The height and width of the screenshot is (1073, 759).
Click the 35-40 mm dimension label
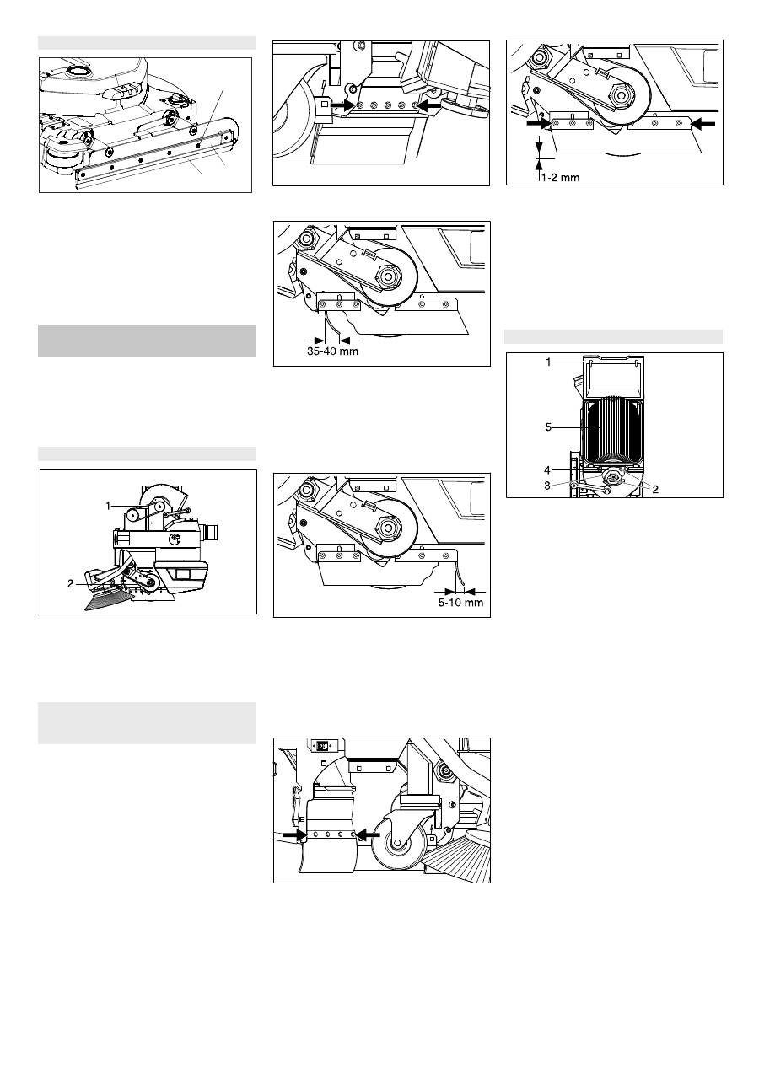click(332, 351)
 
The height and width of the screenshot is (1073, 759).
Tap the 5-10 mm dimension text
click(460, 602)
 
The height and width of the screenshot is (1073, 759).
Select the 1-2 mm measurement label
click(560, 178)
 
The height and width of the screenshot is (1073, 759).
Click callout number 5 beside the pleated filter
click(549, 427)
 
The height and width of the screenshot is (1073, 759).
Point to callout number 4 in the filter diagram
click(547, 470)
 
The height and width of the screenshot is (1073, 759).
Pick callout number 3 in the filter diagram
click(547, 486)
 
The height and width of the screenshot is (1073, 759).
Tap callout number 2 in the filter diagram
click(655, 489)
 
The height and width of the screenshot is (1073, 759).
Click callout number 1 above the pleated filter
click(549, 362)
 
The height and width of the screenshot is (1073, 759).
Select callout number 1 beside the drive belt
click(109, 506)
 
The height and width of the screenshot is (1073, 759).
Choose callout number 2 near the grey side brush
click(71, 583)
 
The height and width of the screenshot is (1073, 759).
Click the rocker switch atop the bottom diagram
click(322, 745)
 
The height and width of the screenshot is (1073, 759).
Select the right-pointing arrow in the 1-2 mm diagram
click(539, 124)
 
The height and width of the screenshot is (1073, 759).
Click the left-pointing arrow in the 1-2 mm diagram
click(702, 124)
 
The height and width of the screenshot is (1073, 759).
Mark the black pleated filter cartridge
click(612, 432)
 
